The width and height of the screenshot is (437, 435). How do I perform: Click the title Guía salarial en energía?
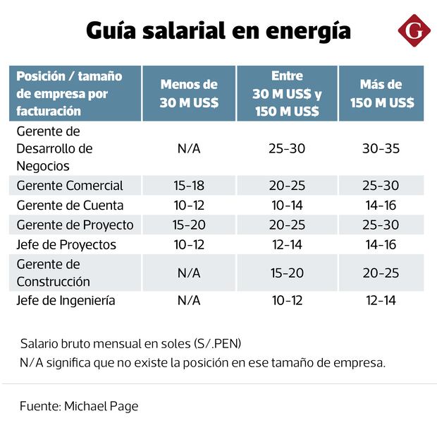[218, 31]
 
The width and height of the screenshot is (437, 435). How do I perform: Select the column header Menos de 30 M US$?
[189, 93]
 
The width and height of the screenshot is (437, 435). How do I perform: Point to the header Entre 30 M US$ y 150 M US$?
[287, 93]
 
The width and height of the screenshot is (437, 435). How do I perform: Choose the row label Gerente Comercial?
[70, 186]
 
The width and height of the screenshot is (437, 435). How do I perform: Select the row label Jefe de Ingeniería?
[66, 301]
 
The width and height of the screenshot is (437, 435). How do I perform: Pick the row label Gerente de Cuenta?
[70, 205]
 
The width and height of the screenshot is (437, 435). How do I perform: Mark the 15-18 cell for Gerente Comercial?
[189, 186]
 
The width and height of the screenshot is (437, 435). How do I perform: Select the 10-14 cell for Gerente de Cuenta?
[287, 205]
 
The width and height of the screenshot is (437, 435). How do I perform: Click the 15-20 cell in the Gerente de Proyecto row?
[189, 225]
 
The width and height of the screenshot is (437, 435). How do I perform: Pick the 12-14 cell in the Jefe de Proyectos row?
[287, 245]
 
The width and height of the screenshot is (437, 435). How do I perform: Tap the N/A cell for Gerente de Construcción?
[189, 273]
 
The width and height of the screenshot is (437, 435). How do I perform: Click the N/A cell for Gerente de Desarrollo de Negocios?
[189, 149]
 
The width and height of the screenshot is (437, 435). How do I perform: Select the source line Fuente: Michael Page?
[79, 406]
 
